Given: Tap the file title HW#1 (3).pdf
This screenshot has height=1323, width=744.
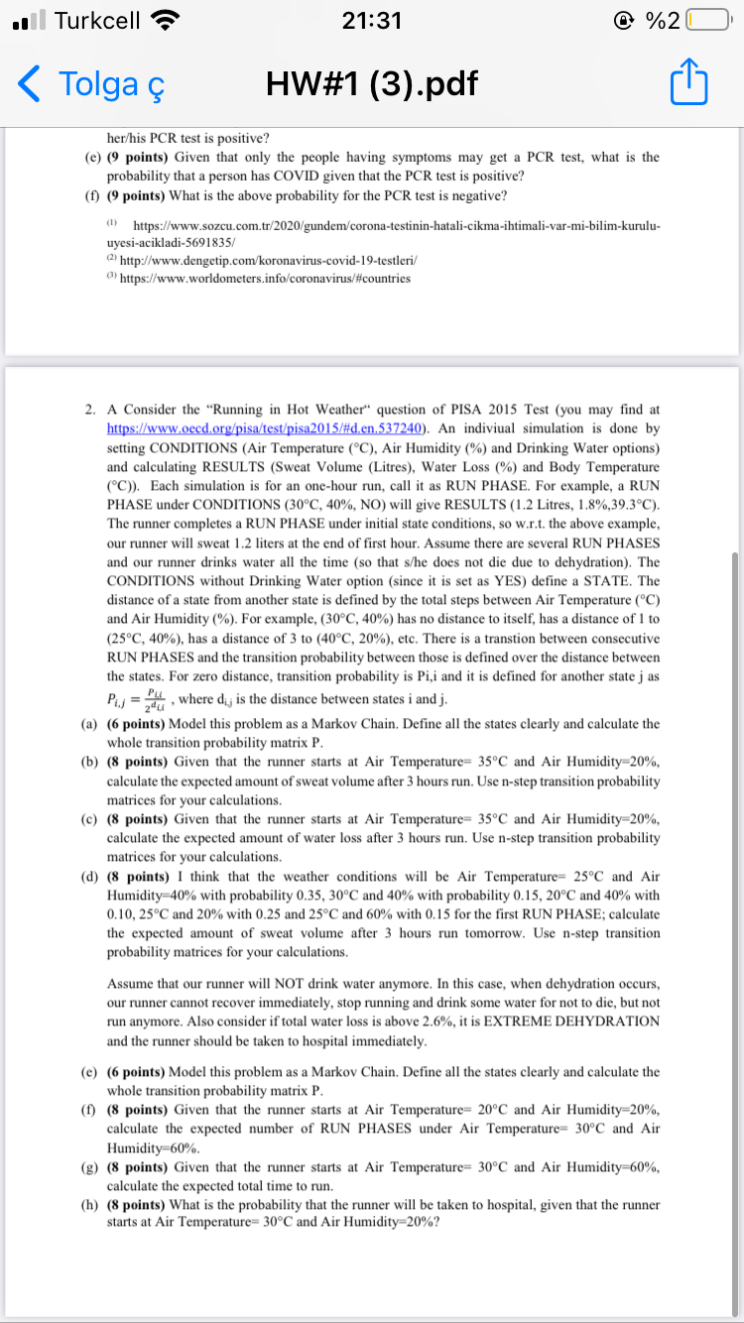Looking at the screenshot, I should [x=372, y=85].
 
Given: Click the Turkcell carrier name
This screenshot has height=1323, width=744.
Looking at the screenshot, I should [x=96, y=20].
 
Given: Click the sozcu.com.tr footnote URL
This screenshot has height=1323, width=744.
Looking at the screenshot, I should [x=393, y=226].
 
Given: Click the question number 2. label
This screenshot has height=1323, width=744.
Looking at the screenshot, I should [x=90, y=409].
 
